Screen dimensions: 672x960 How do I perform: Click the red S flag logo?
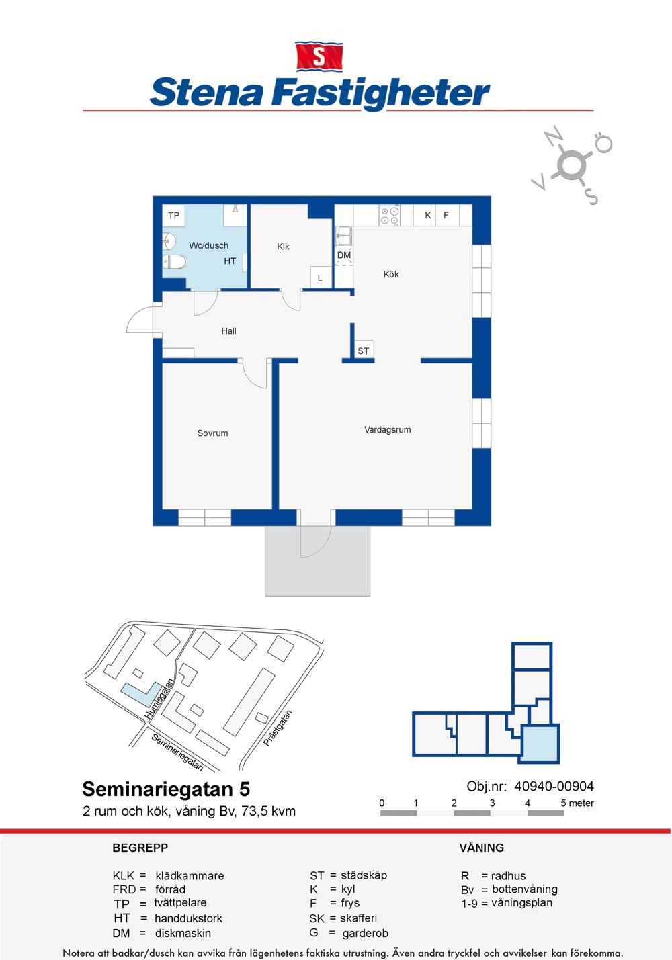tap(319, 56)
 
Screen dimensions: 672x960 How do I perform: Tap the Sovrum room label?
tap(212, 433)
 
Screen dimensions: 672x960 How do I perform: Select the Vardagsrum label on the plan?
tap(388, 429)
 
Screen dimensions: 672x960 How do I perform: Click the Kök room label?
tap(391, 274)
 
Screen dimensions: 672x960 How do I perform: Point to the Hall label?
tap(229, 331)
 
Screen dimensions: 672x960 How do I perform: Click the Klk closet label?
tap(283, 247)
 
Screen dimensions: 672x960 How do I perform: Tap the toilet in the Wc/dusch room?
tap(175, 261)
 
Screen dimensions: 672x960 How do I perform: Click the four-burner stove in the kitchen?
tap(390, 216)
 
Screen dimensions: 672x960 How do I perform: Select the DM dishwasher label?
tap(343, 255)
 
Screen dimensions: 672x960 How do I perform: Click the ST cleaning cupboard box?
tap(363, 350)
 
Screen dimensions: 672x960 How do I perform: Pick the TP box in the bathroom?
tap(173, 216)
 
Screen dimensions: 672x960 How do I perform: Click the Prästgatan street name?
tap(278, 728)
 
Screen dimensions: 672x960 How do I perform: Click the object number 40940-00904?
tap(554, 786)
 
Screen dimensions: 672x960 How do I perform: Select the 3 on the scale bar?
tap(492, 803)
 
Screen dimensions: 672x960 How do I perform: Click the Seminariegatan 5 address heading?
tap(166, 789)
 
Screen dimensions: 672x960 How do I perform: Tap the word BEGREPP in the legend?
tap(140, 848)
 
